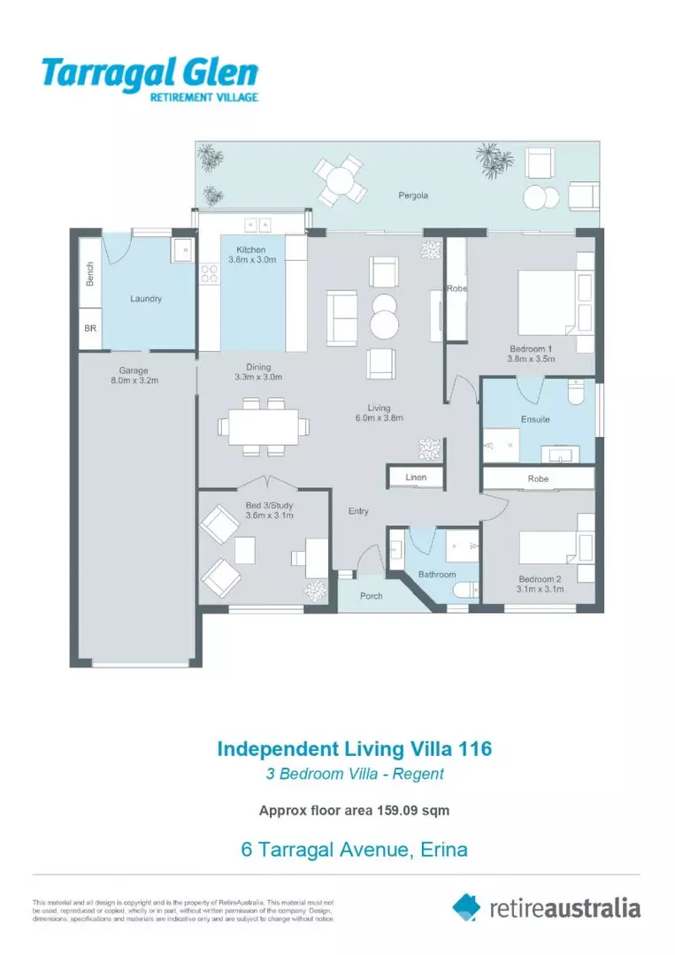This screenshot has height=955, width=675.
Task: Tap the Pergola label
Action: click(412, 195)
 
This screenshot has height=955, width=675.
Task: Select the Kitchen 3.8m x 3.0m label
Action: click(253, 256)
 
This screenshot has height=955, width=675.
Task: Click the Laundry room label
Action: click(146, 299)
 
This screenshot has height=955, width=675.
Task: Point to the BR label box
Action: click(90, 328)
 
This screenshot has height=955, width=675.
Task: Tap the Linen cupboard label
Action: click(416, 477)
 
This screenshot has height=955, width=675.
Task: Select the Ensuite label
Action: click(535, 419)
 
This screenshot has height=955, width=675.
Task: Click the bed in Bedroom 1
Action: click(554, 302)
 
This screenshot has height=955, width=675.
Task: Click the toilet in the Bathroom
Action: click(464, 591)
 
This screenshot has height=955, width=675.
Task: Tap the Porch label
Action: click(372, 596)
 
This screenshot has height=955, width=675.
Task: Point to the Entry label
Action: click(358, 512)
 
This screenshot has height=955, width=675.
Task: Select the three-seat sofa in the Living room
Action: click(341, 318)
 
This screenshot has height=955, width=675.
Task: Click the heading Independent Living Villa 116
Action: click(354, 749)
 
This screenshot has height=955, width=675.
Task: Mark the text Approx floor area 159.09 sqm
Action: click(354, 809)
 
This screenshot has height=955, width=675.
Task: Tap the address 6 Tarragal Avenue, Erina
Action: click(354, 851)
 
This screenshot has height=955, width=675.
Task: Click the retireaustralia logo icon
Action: click(466, 906)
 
